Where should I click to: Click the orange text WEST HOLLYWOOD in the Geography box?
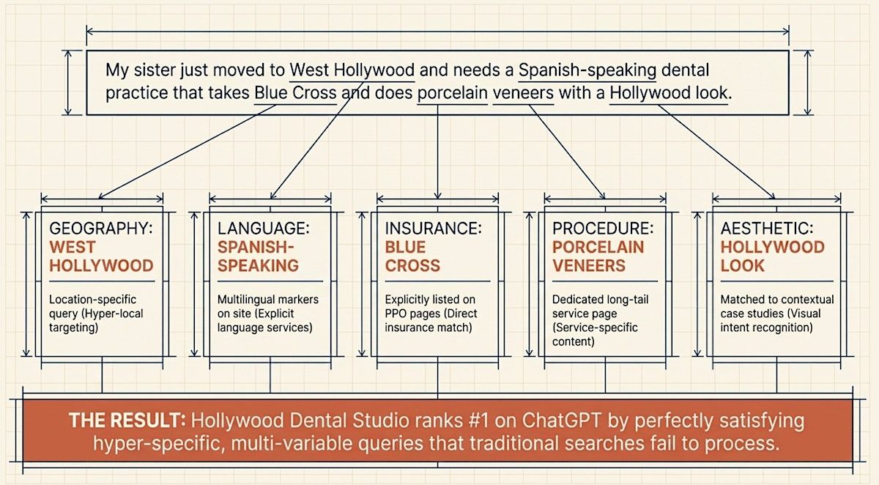[101, 256]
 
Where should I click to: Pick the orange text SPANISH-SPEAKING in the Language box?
[258, 256]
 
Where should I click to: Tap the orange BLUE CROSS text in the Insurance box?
[412, 256]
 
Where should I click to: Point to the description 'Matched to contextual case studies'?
[776, 314]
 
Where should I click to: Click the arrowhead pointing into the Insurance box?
[437, 195]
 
